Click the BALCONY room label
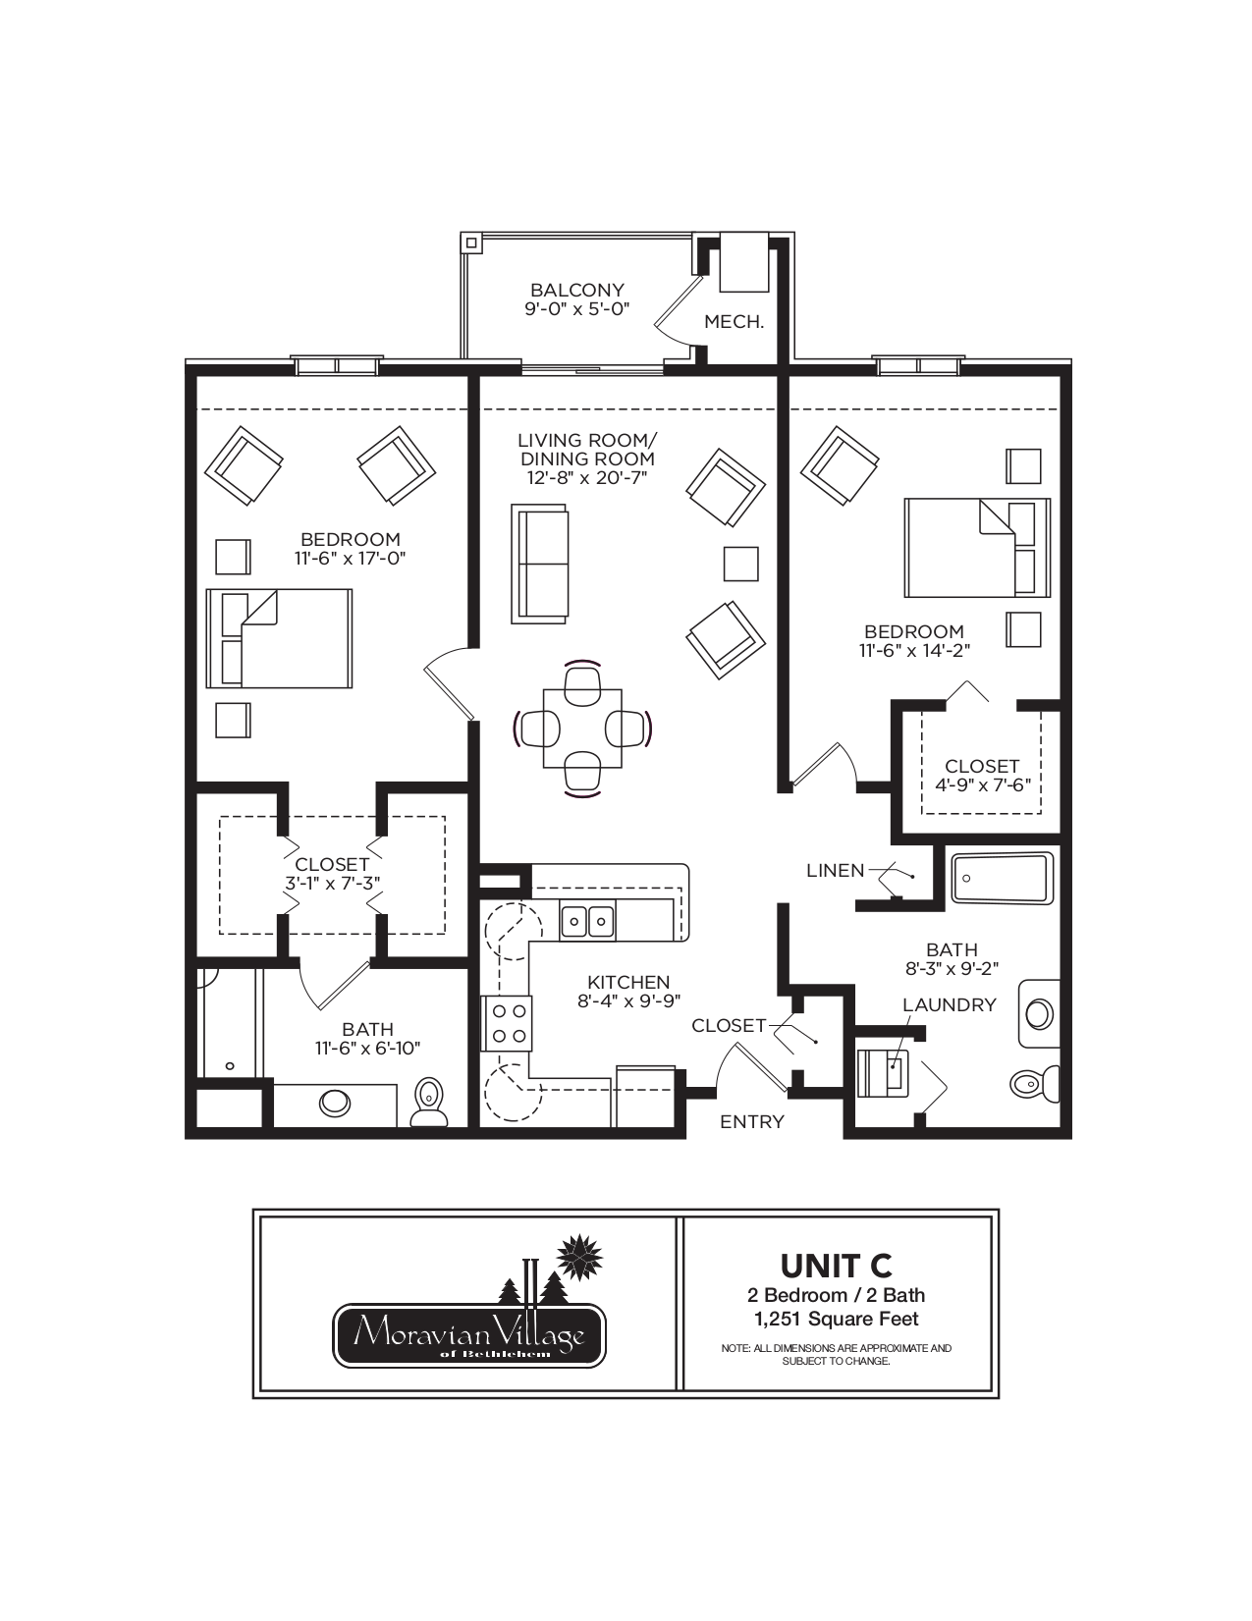pos(576,290)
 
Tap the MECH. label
pos(735,322)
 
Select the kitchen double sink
pos(588,921)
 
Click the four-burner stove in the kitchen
pos(507,1023)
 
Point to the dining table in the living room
pos(582,729)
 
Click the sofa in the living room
pos(539,564)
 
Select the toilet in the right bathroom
pos(1035,1083)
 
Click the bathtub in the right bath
pos(1002,878)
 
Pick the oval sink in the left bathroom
pos(335,1104)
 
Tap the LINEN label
pos(835,870)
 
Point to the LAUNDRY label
pos(950,1004)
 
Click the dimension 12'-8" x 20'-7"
pos(586,477)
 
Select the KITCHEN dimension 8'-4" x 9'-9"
pos(629,1001)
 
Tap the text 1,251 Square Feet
pos(837,1319)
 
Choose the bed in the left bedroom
pos(279,638)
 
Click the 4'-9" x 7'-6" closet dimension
pos(982,784)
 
